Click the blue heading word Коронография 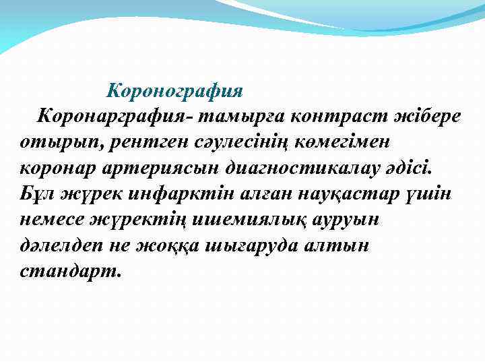tap(175, 90)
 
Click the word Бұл tap(36, 194)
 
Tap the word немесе tap(53, 220)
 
